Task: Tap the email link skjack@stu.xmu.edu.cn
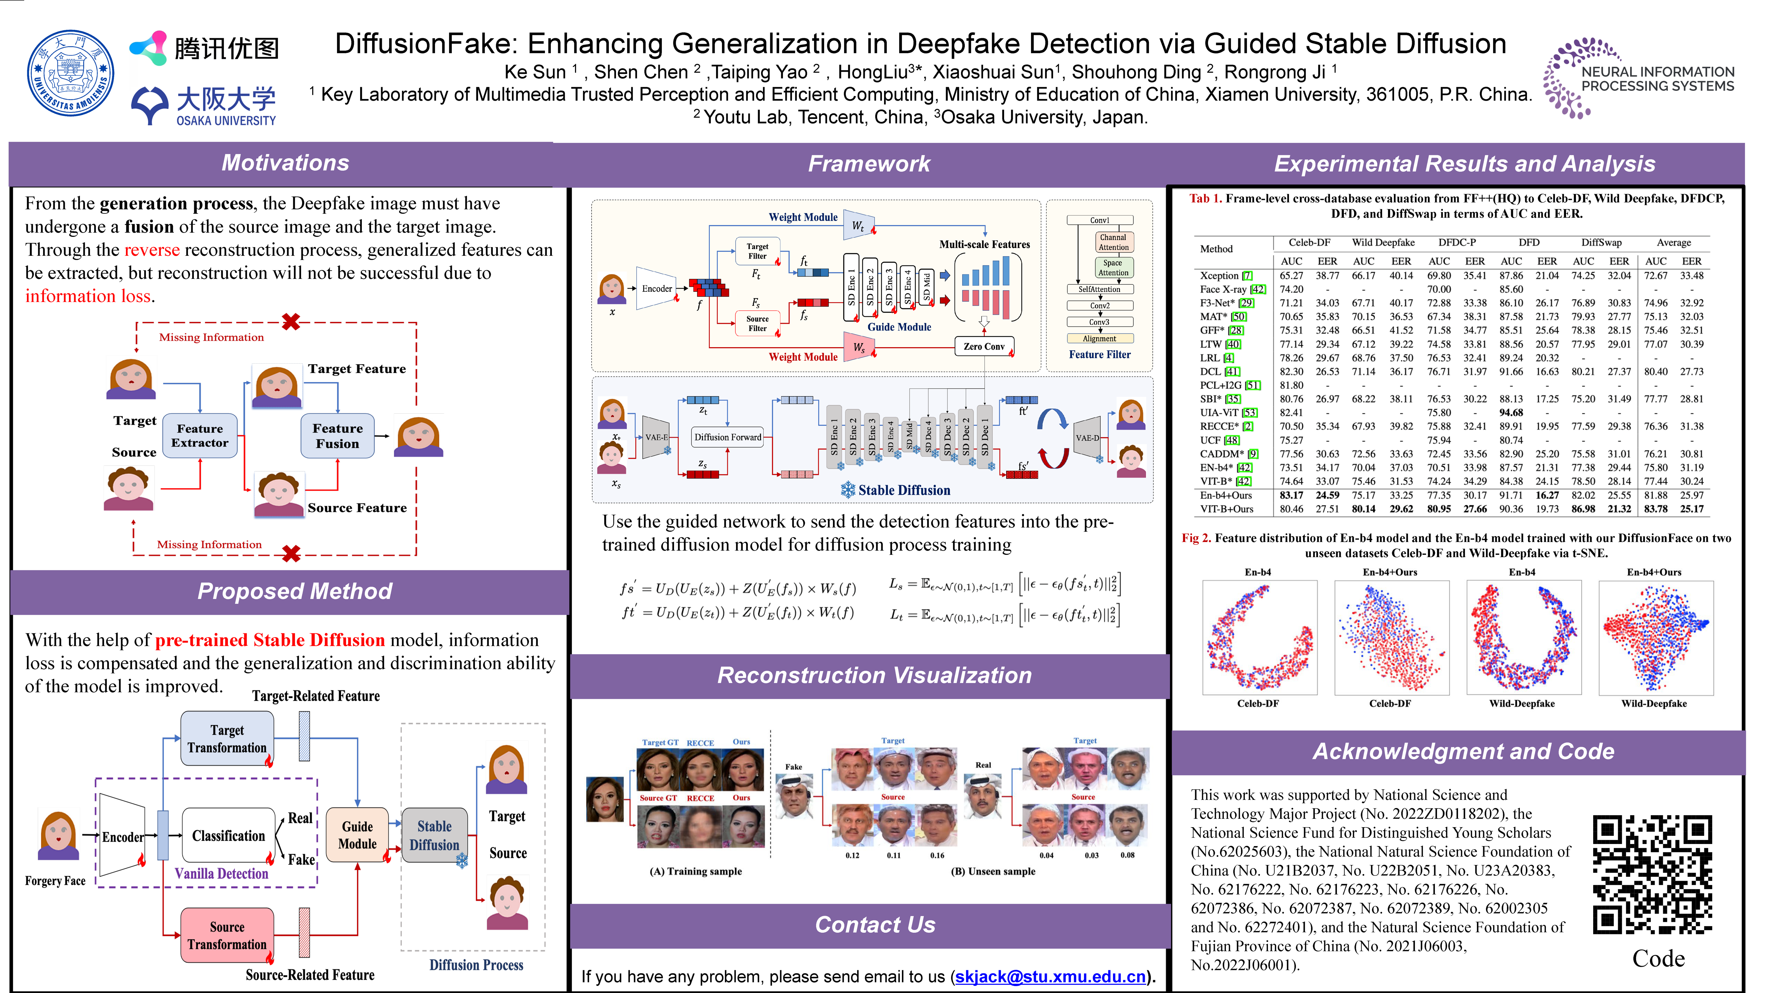click(1050, 976)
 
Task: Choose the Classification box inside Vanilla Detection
click(228, 835)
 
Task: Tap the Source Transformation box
click(227, 935)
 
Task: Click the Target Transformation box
click(227, 739)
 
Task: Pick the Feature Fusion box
click(337, 435)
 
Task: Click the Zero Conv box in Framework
click(984, 347)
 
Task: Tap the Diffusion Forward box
click(727, 437)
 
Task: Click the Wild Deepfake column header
click(1383, 243)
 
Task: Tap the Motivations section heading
click(285, 163)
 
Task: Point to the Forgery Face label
click(55, 881)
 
